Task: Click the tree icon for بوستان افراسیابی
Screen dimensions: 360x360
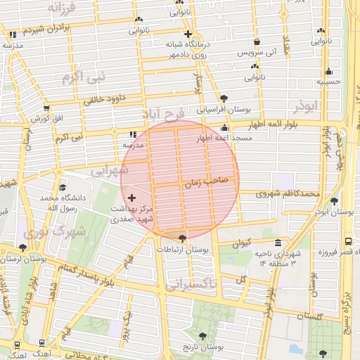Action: click(224, 98)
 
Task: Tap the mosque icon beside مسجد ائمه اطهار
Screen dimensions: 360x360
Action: click(224, 128)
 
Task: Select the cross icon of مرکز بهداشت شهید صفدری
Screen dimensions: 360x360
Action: click(131, 198)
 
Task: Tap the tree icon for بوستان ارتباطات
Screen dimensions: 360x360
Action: click(183, 238)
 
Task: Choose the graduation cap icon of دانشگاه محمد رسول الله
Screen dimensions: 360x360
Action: click(63, 188)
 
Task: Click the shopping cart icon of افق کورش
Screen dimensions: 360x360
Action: click(46, 108)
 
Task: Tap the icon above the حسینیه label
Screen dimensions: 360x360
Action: click(328, 71)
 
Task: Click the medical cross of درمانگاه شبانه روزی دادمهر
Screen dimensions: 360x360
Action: click(188, 34)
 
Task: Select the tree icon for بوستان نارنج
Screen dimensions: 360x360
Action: click(203, 336)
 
